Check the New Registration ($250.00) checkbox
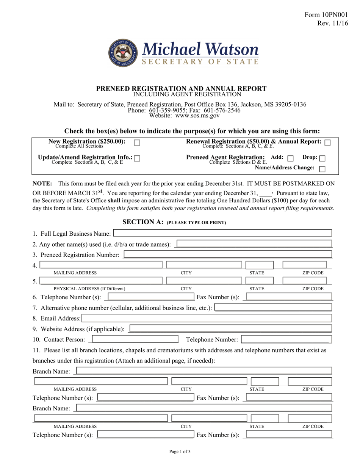(x=137, y=143)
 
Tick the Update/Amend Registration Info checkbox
(x=137, y=158)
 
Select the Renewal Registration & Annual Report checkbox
(x=327, y=142)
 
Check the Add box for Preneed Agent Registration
(x=291, y=158)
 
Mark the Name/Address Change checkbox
(x=322, y=169)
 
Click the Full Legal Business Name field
(x=222, y=233)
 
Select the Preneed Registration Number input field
(x=228, y=255)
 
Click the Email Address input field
(x=207, y=318)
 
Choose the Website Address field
(x=230, y=328)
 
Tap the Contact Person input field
(x=135, y=339)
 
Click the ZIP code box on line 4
(x=304, y=265)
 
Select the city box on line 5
(x=204, y=281)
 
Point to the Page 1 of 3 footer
(x=180, y=451)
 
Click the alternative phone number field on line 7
(x=273, y=307)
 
